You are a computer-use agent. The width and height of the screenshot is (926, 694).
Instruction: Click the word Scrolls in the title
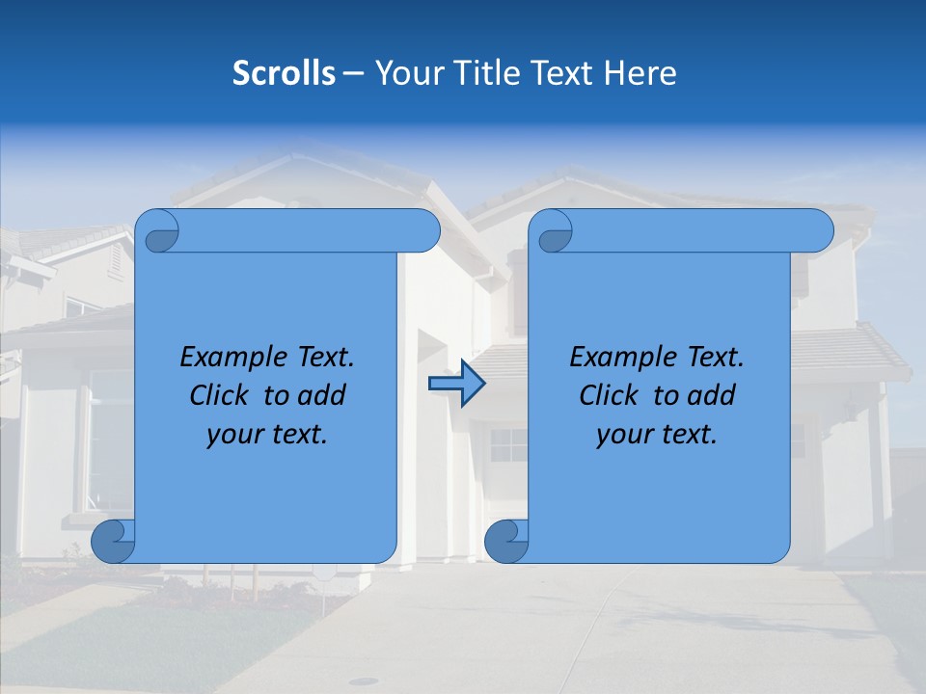click(x=285, y=73)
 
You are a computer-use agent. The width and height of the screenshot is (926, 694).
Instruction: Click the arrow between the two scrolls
click(x=456, y=384)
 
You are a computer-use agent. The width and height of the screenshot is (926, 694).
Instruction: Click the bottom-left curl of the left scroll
click(x=113, y=541)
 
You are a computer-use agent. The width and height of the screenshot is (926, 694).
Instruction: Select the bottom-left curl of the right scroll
click(x=506, y=541)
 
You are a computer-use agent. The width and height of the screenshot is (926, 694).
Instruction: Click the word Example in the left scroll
click(x=229, y=358)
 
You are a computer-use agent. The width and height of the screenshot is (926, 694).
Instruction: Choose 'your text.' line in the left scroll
click(x=267, y=435)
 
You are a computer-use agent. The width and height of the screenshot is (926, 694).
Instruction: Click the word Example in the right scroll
click(x=618, y=358)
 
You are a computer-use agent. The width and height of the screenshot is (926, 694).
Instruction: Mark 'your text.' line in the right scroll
click(x=657, y=435)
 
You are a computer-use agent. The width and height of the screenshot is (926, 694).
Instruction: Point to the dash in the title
click(x=354, y=73)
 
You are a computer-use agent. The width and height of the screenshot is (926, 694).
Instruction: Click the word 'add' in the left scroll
click(x=322, y=396)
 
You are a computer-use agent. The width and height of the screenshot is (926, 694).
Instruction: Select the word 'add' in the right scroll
click(x=712, y=396)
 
